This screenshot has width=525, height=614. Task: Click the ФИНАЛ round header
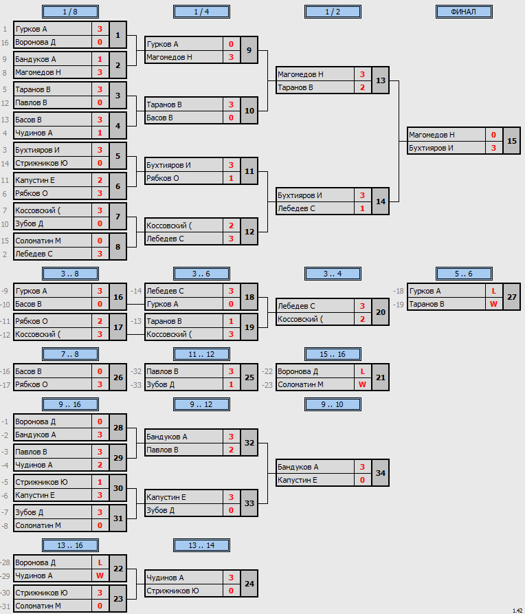click(464, 12)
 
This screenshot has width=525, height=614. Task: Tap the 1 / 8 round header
click(70, 12)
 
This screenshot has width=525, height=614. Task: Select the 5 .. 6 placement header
click(464, 274)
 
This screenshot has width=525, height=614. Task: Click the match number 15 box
click(512, 141)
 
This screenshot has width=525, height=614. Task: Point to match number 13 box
click(381, 80)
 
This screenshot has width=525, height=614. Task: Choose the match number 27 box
click(512, 297)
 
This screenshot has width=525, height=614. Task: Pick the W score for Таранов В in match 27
click(493, 305)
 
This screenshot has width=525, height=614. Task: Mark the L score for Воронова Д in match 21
click(362, 371)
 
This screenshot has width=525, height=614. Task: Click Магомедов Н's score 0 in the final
click(493, 135)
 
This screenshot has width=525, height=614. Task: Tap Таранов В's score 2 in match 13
click(362, 87)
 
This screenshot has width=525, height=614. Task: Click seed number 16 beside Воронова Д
click(5, 43)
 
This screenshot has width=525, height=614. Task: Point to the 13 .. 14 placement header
click(201, 545)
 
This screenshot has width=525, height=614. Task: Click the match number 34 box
click(381, 473)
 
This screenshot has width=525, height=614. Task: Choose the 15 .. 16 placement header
click(333, 354)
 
